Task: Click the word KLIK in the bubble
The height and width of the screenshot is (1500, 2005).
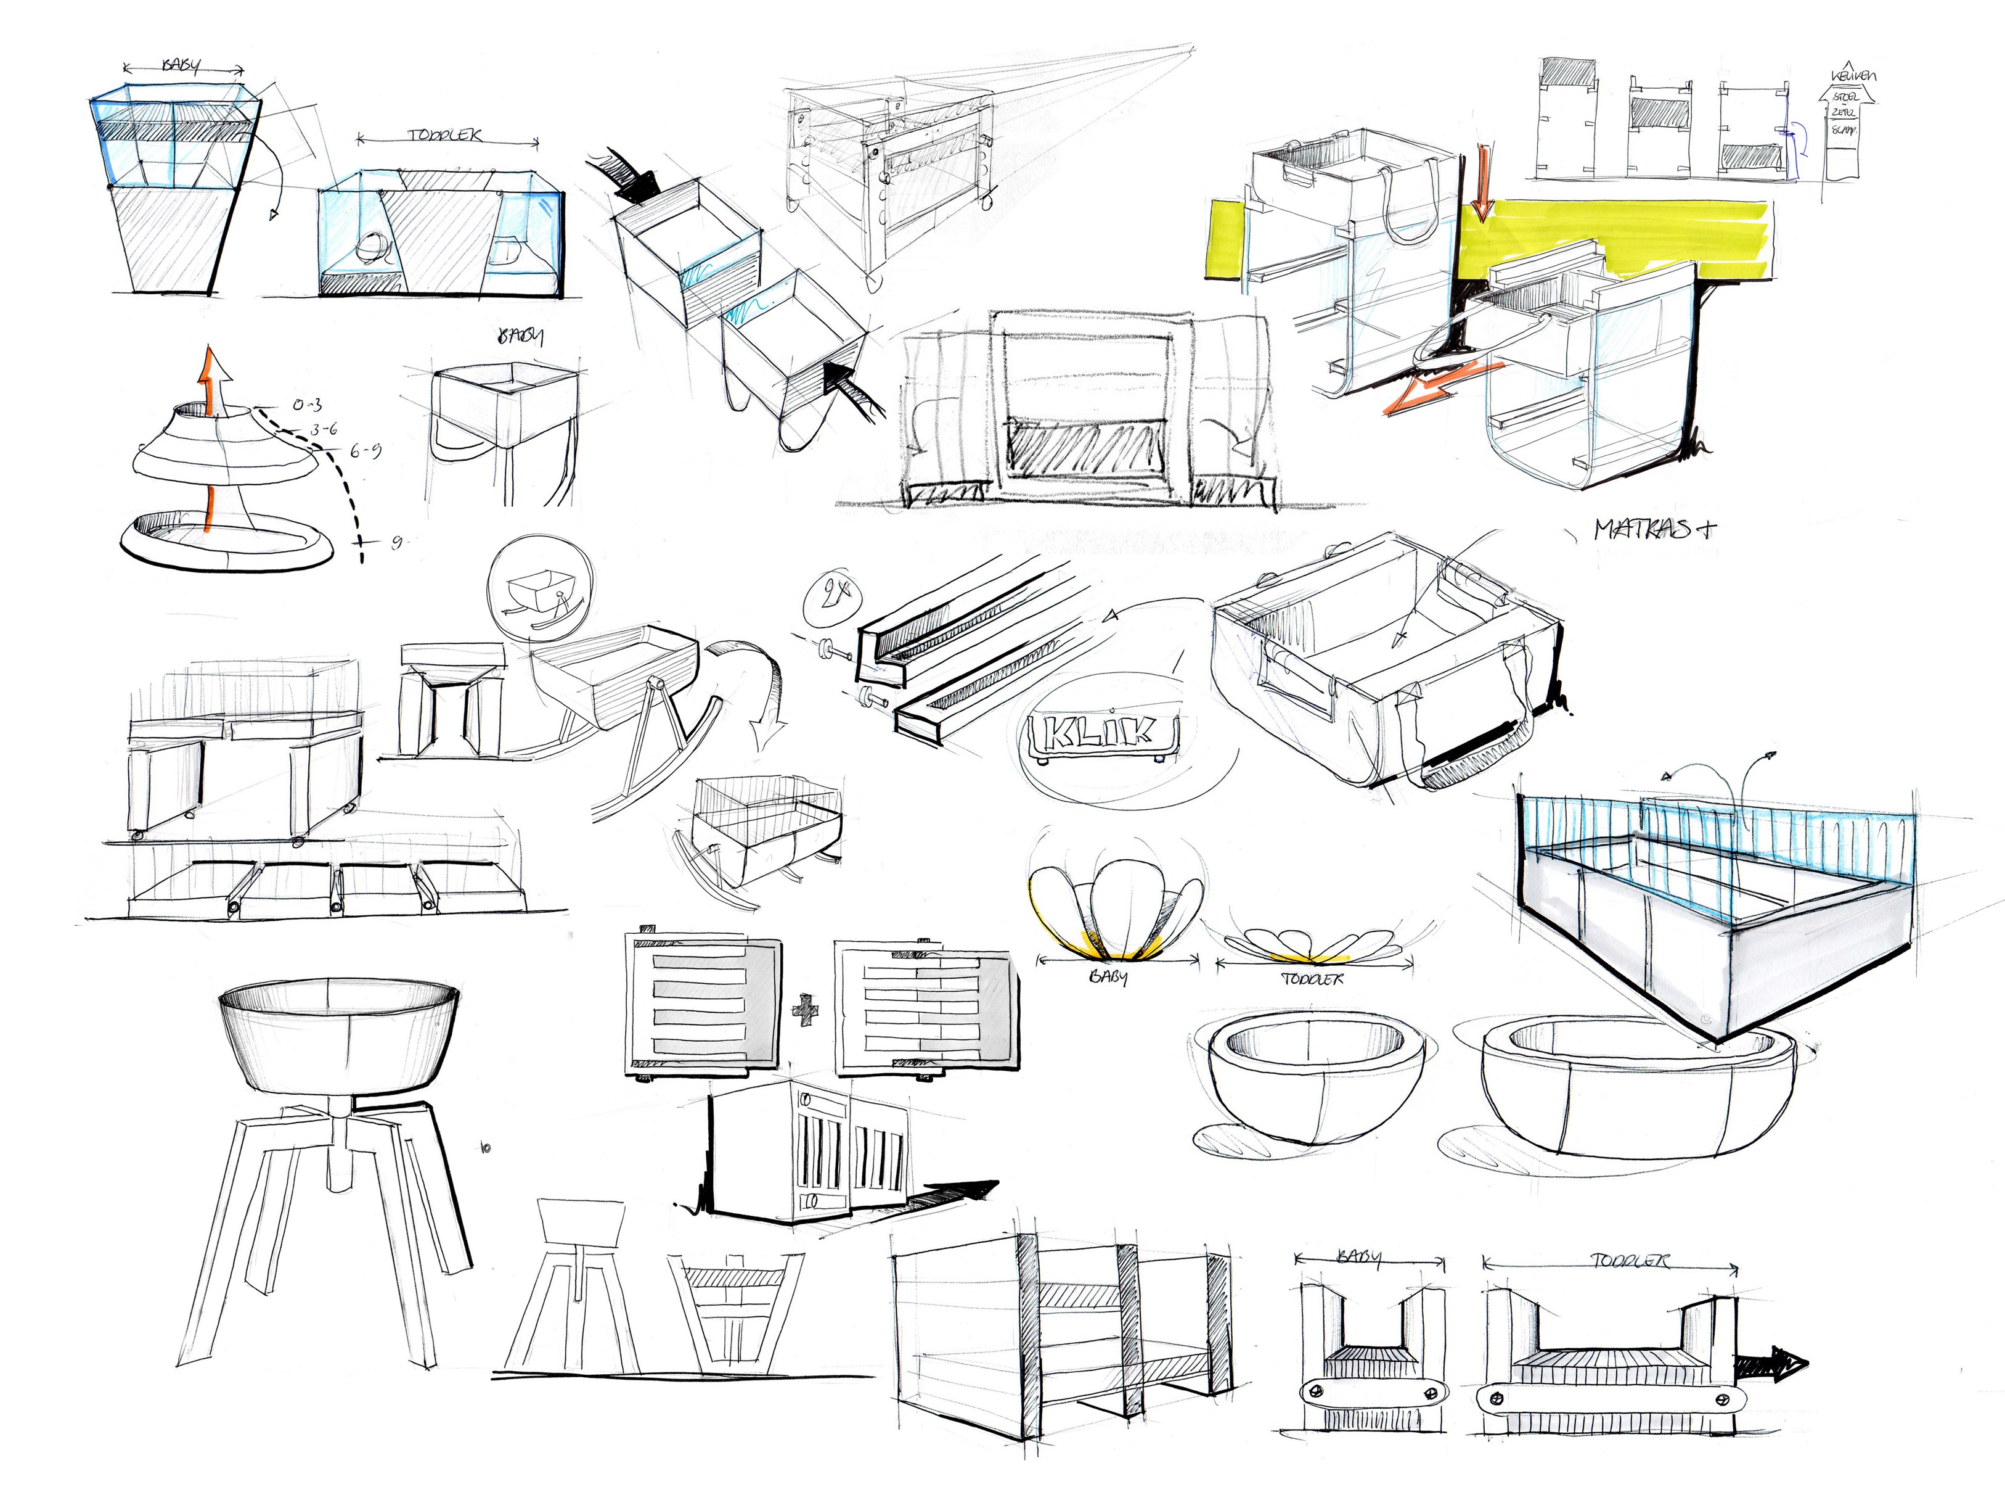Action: (x=1100, y=731)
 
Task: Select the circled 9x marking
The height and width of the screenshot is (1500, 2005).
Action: (x=832, y=597)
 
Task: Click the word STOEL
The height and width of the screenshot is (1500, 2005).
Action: (x=1845, y=96)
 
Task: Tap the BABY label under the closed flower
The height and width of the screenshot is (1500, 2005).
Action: (x=1108, y=978)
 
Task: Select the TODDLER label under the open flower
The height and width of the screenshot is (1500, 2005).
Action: (x=1312, y=979)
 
